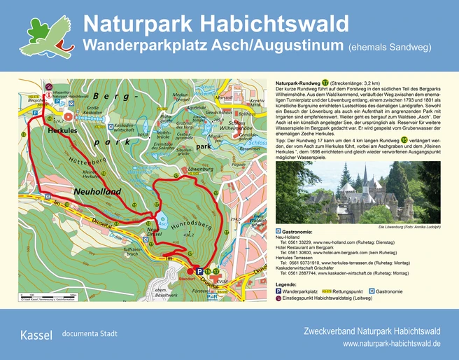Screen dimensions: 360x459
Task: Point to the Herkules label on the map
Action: (x=63, y=131)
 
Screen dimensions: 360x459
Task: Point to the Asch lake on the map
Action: (x=162, y=219)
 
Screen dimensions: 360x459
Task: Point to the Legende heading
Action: (x=287, y=284)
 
